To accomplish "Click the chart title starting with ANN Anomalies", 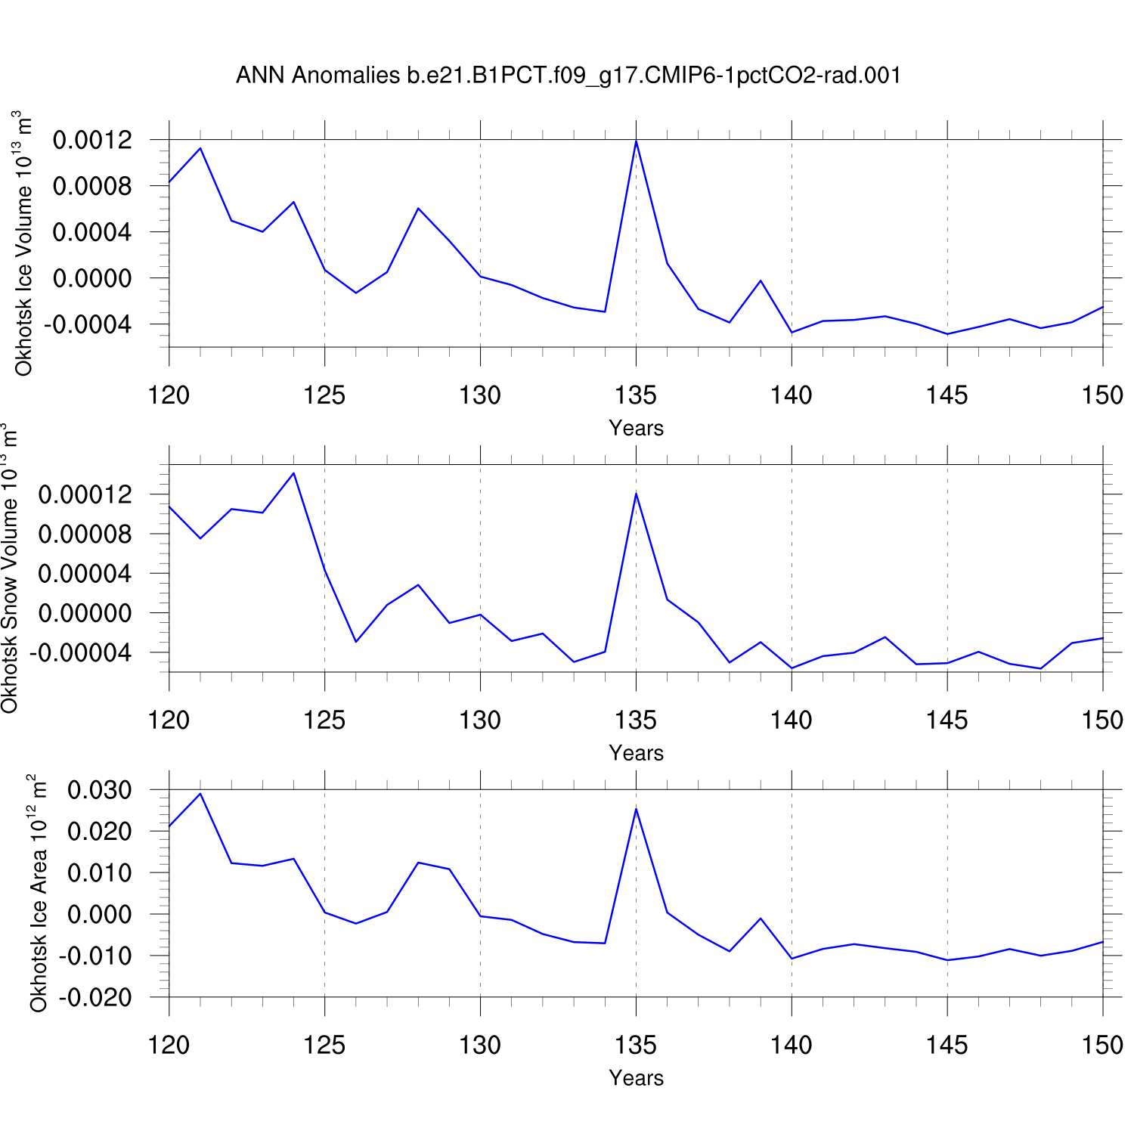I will (x=568, y=76).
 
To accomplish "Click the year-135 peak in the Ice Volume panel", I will (x=636, y=141).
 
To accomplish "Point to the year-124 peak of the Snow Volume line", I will (x=293, y=473).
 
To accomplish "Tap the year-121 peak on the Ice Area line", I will (x=200, y=794).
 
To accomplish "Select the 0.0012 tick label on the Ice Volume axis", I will (x=92, y=140).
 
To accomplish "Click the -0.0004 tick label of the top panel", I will (x=88, y=324).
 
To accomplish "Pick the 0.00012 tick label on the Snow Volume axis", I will (x=85, y=494).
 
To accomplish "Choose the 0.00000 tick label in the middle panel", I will (x=85, y=612).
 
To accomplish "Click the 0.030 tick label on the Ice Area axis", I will (x=99, y=790).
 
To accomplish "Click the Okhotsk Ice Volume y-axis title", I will (x=23, y=243).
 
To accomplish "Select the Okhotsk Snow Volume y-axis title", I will (x=9, y=569).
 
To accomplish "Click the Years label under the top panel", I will (x=636, y=428).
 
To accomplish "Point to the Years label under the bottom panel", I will (x=636, y=1078).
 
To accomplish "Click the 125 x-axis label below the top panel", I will (x=324, y=395).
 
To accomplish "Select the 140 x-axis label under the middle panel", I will (x=792, y=720).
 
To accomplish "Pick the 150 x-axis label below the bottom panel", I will (x=1102, y=1046).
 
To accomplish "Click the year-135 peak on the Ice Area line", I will (x=636, y=809).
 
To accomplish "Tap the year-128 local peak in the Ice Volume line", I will (x=418, y=209).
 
